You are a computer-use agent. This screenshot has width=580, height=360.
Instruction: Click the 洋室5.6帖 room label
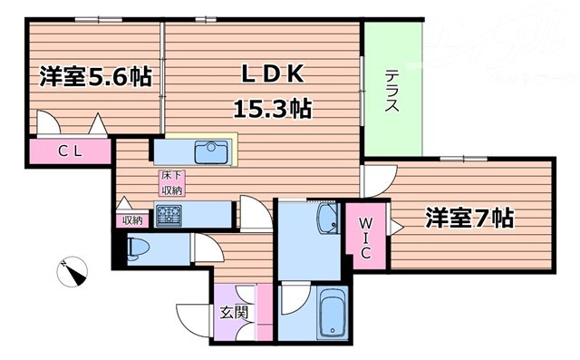94,77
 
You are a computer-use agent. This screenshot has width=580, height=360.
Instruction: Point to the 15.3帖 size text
274,110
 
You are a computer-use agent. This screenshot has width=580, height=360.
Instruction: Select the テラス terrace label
392,92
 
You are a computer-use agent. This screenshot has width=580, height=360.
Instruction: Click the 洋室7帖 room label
470,218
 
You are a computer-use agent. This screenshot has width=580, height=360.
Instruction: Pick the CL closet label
71,151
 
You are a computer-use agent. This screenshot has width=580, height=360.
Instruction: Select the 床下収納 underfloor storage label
171,182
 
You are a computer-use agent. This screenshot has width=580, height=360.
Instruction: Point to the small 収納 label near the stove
132,219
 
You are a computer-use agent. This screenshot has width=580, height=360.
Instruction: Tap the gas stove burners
169,216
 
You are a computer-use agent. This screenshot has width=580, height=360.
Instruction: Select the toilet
142,248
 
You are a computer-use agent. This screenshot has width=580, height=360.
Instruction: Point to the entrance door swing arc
192,317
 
